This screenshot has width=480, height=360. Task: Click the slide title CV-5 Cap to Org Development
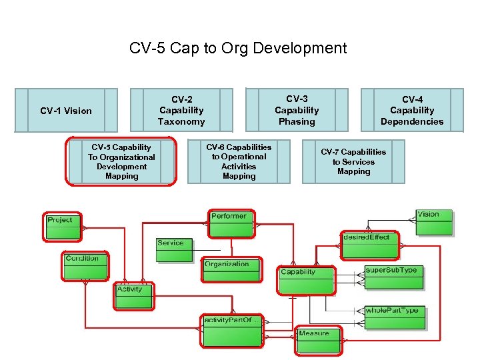238,48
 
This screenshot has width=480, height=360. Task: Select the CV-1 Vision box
66,110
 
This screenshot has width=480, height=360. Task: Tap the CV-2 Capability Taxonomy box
181,110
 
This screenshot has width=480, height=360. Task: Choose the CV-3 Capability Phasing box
297,110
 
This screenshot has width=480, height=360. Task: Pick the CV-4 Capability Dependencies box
412,110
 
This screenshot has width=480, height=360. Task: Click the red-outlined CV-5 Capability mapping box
121,161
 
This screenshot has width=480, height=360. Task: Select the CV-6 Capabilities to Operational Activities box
239,161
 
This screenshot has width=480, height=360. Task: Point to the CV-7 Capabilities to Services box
353,161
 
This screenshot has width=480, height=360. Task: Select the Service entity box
174,250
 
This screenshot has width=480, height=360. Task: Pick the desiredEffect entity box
369,245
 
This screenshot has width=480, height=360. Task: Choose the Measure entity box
317,337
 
